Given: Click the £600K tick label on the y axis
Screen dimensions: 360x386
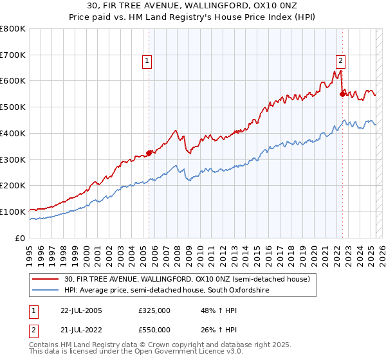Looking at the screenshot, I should (x=13, y=81).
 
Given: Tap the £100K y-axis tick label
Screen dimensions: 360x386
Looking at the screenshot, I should (x=13, y=212).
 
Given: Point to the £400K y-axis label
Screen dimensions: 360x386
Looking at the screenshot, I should (x=13, y=133).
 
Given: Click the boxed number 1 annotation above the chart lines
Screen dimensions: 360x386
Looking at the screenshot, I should (x=147, y=61).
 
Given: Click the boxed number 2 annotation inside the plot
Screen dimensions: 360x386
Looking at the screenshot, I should (x=340, y=61).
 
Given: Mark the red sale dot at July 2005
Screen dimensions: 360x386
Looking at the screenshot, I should (x=149, y=153).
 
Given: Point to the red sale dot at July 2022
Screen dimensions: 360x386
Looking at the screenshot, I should (x=342, y=94).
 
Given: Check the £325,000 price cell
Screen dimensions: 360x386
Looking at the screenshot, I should (x=154, y=310).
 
